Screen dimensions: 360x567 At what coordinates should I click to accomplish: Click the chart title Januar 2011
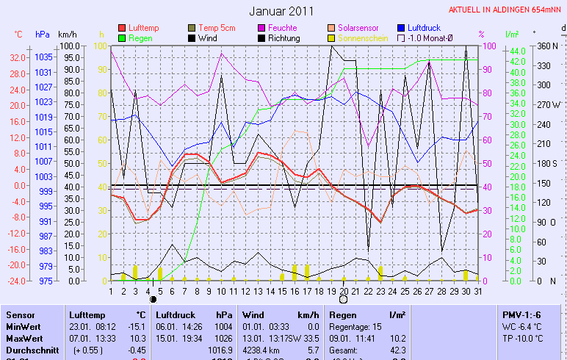point(281,11)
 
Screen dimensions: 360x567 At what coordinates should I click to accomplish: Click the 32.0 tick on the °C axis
point(18,57)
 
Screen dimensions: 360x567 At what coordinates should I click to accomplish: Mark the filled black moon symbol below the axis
point(154,300)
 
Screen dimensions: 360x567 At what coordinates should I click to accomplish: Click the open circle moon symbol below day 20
point(343,300)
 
